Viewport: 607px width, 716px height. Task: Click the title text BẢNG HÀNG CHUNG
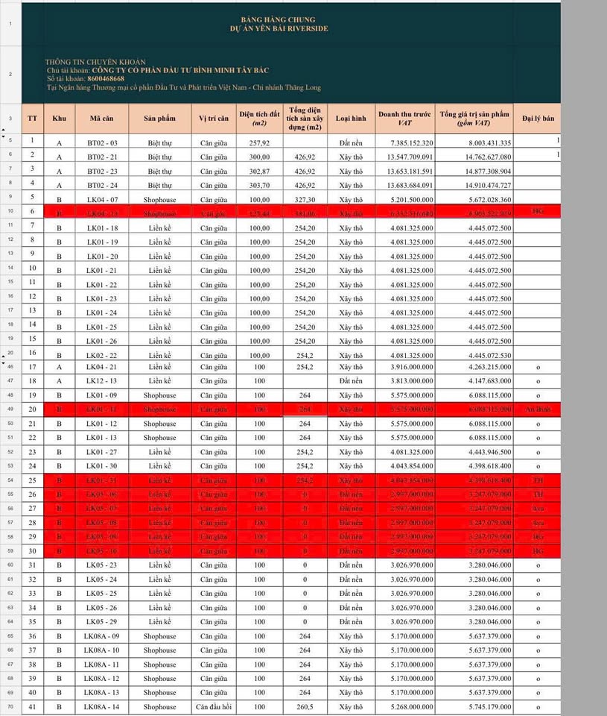(279, 19)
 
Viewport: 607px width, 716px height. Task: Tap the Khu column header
(59, 118)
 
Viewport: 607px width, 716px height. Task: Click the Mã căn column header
(101, 118)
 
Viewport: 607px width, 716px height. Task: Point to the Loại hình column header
(351, 118)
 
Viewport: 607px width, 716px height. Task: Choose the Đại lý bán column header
(537, 118)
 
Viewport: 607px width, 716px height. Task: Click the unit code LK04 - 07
(102, 199)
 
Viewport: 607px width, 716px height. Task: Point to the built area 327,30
(305, 199)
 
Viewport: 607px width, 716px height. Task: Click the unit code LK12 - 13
(102, 381)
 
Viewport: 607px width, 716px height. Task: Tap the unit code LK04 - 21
(102, 367)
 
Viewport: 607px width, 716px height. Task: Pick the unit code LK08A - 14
(102, 706)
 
